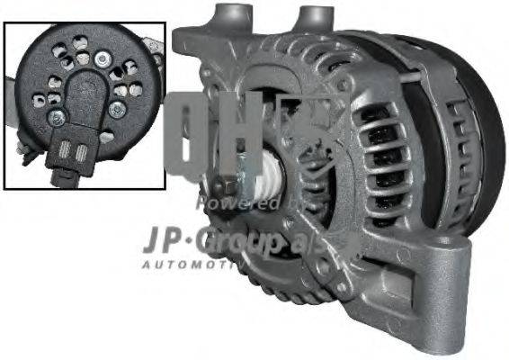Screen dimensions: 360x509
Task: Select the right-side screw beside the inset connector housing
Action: [118, 109]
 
